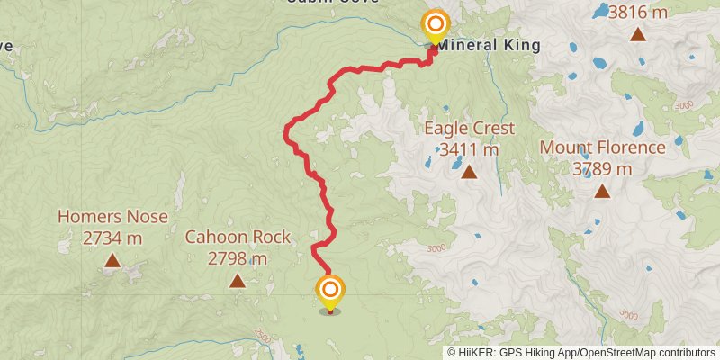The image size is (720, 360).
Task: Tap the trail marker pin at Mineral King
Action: coord(436,25)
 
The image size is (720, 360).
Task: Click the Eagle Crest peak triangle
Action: coord(469,171)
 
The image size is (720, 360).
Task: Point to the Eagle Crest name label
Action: coord(469,129)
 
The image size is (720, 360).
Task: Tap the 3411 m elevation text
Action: coord(469,149)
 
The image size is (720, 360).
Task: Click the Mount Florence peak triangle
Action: coord(602,191)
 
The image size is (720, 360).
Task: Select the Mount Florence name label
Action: coord(602,148)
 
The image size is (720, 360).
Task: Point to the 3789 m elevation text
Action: coord(602,168)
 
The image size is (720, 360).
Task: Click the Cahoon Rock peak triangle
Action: coord(237,281)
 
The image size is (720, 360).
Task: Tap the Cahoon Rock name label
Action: coord(238,238)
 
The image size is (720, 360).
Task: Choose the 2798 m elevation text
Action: coord(238,259)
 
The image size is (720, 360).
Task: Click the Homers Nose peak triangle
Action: coord(112,261)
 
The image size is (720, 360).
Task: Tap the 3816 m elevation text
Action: coord(637,12)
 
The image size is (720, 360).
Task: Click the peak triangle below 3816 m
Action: coord(637,34)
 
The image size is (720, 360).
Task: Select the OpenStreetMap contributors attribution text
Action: coord(646,353)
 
